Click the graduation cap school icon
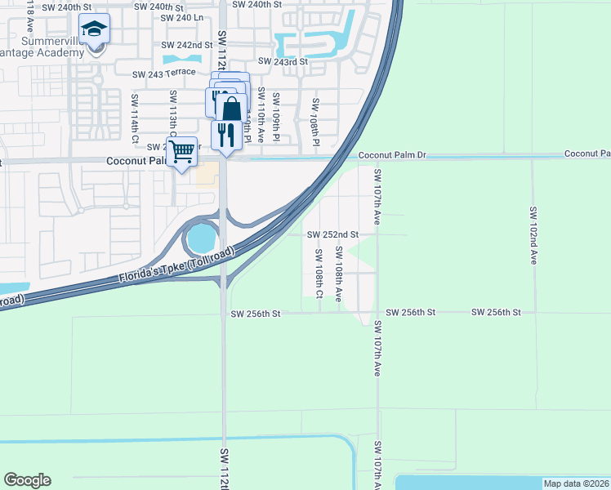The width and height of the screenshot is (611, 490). [95, 30]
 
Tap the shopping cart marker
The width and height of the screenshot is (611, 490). [181, 151]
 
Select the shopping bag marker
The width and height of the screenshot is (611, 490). [231, 108]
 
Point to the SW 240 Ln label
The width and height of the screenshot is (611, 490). [181, 17]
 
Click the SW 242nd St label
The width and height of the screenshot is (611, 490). [187, 45]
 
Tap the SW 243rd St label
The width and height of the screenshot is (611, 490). [283, 61]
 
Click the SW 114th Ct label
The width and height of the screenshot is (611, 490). [135, 119]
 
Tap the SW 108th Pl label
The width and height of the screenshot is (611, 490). [314, 122]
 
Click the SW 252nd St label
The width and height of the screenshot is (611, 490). [332, 234]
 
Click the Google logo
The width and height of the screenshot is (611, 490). [27, 480]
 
